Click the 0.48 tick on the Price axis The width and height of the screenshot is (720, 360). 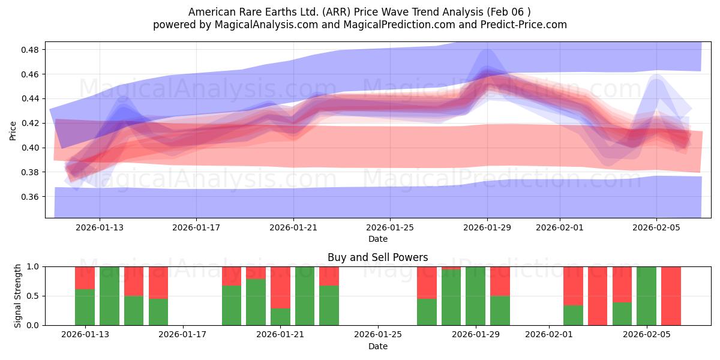30,50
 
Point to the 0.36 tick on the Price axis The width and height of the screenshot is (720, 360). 30,197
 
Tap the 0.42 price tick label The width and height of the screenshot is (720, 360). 30,123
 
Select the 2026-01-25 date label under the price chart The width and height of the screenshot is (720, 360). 390,228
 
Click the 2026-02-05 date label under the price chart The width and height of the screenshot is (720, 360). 656,228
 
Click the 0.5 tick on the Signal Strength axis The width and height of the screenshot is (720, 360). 34,296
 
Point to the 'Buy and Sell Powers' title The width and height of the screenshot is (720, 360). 377,257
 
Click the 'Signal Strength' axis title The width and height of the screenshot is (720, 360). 18,296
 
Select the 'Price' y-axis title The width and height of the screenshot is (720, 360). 13,130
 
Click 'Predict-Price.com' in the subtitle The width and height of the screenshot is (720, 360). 528,25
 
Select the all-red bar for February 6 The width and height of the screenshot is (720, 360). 671,296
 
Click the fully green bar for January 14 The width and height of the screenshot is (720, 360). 109,296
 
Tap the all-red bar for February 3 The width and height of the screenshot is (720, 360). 598,296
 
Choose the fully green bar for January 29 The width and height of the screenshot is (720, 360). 475,296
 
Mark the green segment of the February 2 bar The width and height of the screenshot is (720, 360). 573,315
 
